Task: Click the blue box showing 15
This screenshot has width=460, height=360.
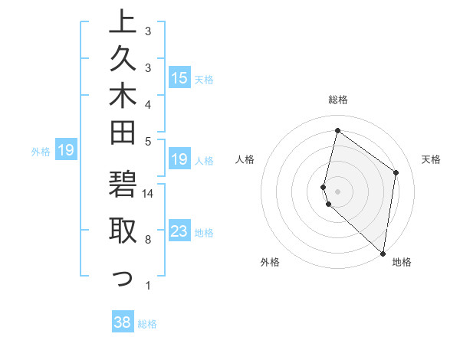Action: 179,77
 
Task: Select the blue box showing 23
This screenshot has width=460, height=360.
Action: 179,232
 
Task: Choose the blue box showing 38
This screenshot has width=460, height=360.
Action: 123,322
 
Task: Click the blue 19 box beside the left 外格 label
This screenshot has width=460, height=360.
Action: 66,150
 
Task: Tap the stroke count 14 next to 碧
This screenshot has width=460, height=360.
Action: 149,193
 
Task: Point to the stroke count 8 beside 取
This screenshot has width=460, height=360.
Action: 148,240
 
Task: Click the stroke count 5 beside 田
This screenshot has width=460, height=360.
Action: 148,141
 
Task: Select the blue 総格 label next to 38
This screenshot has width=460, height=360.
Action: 147,324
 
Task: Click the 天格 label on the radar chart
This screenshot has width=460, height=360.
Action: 431,159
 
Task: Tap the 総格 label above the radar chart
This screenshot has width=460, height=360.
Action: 338,100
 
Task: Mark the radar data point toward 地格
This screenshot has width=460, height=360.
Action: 383,254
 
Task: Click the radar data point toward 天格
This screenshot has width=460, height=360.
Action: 396,172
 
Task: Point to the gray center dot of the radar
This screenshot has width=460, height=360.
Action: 338,191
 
